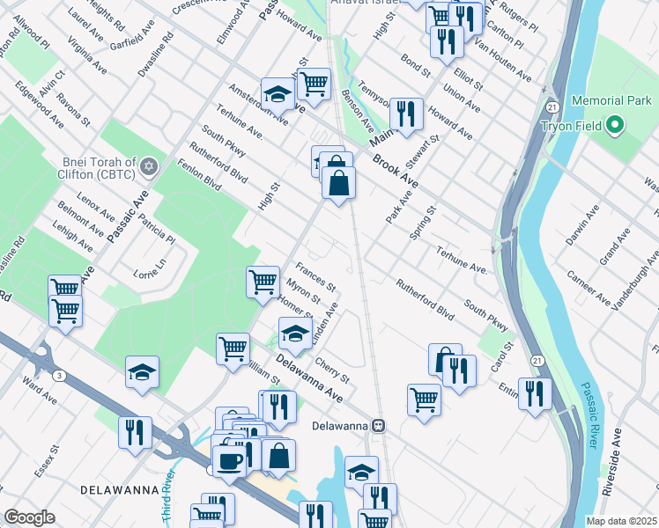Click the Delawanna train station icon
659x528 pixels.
coord(378,425)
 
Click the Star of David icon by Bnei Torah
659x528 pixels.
coord(149,166)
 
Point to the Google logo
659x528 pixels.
coord(28,517)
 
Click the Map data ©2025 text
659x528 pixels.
coord(622,521)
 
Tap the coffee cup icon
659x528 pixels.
coord(230,460)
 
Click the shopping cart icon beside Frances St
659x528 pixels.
coord(263,282)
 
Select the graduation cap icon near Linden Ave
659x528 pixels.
coord(295,334)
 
